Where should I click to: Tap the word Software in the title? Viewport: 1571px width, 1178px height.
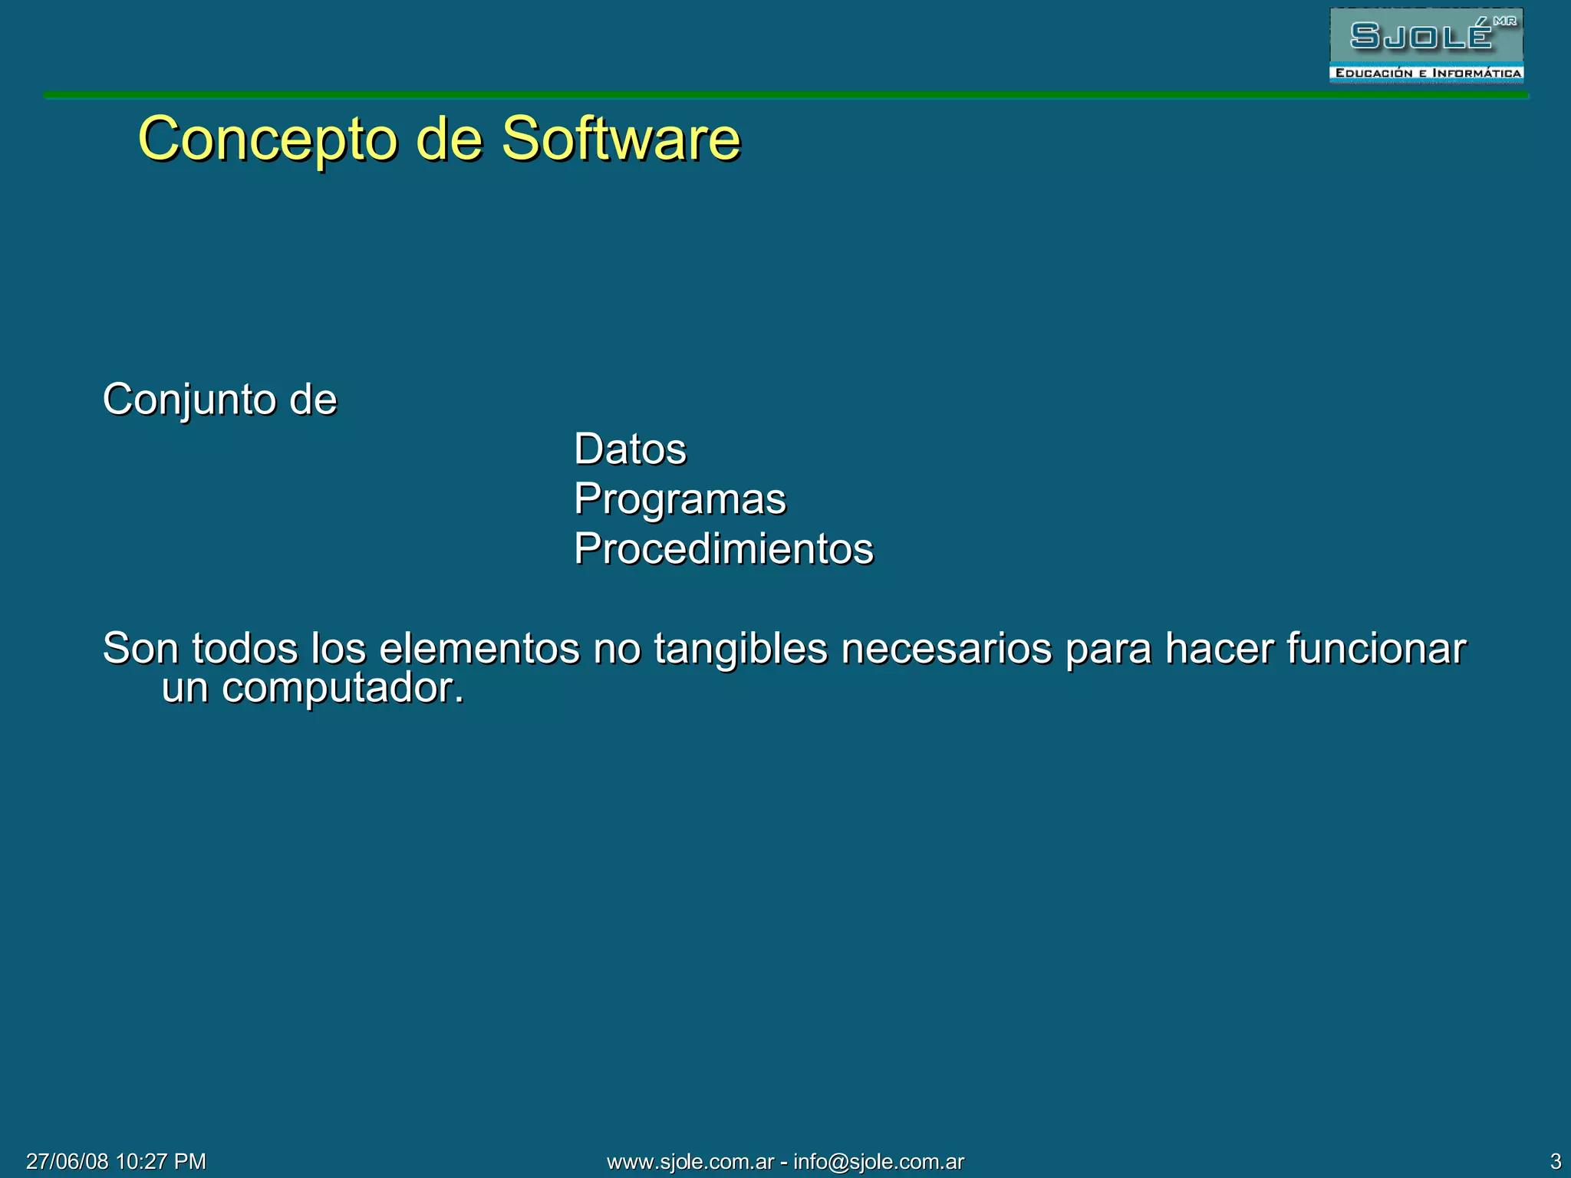621,140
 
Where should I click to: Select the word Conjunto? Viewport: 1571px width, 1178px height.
189,400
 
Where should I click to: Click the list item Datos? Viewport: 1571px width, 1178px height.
630,449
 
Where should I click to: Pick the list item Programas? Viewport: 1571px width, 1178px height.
680,499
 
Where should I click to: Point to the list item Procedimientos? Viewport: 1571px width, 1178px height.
723,549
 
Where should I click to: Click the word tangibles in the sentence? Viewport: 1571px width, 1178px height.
740,649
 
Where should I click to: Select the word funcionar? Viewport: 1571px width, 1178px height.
1376,649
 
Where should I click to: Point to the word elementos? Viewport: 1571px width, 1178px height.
479,649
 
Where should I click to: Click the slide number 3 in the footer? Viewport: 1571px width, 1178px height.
1556,1161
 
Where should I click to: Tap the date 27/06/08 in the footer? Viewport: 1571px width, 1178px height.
68,1161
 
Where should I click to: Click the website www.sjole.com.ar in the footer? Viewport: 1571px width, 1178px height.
690,1161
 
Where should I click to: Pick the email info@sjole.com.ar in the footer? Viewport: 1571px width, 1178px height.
878,1161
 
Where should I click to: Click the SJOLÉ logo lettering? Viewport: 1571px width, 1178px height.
1421,36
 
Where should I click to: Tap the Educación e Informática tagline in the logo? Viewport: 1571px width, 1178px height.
1428,74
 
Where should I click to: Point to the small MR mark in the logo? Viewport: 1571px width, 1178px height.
1505,21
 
